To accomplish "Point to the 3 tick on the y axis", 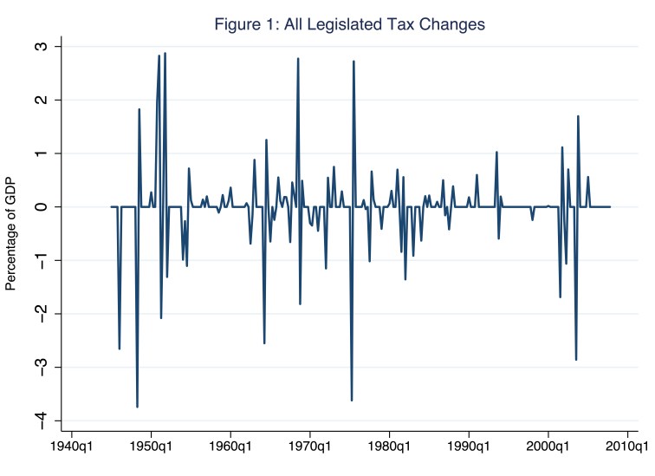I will tap(43, 46).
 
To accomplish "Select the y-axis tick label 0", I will tap(43, 206).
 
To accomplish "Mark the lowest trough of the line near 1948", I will tap(137, 407).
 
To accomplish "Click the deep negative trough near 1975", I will tap(352, 400).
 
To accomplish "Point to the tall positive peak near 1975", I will tap(353, 62).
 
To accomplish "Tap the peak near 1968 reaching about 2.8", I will tap(298, 59).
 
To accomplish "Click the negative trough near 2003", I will tap(576, 359).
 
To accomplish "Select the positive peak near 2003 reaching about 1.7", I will tap(578, 116).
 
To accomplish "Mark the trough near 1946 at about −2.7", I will tap(119, 349).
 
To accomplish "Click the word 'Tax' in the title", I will tap(406, 25).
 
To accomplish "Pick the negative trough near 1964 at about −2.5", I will tap(264, 343).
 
